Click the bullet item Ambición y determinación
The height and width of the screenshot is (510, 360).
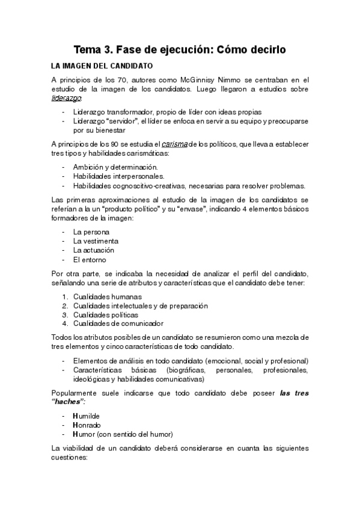[x=107, y=166]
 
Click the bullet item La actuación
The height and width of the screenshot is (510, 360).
[x=94, y=250]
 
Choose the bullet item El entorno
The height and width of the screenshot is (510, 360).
[x=89, y=260]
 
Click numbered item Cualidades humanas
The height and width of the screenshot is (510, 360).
[x=107, y=296]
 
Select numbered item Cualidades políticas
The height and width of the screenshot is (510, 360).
[x=105, y=315]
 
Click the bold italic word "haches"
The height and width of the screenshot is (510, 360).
[x=69, y=401]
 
